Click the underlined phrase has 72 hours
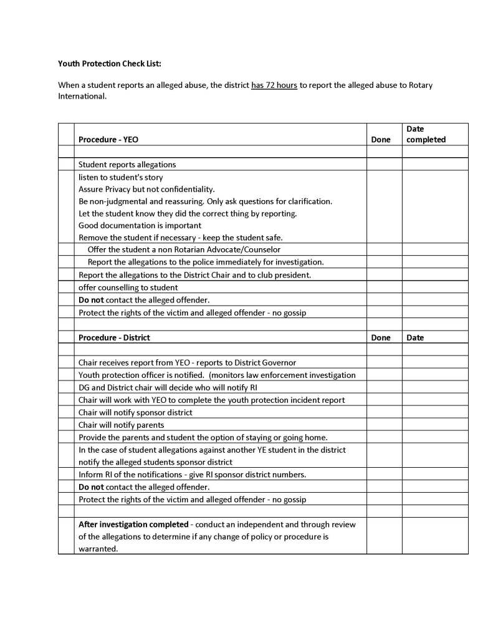tap(274, 85)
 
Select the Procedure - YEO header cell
tap(108, 140)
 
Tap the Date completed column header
tap(426, 134)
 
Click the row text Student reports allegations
tap(127, 165)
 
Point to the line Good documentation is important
tap(140, 225)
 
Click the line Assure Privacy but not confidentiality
tap(146, 189)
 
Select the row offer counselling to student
tap(128, 288)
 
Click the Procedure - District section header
tap(114, 337)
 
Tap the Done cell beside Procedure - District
tap(380, 337)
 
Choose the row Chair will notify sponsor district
tap(135, 412)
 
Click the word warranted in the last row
tap(98, 549)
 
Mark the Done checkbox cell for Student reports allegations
tap(383, 165)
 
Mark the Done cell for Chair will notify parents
tap(383, 425)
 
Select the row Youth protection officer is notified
tap(217, 375)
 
